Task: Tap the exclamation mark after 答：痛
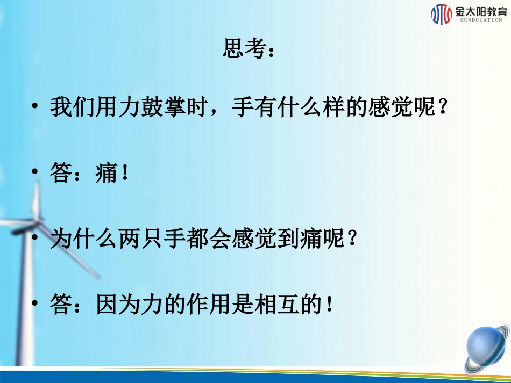(125, 174)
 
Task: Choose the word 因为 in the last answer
(118, 306)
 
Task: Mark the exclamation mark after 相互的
(329, 306)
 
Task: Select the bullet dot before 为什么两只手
(35, 239)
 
